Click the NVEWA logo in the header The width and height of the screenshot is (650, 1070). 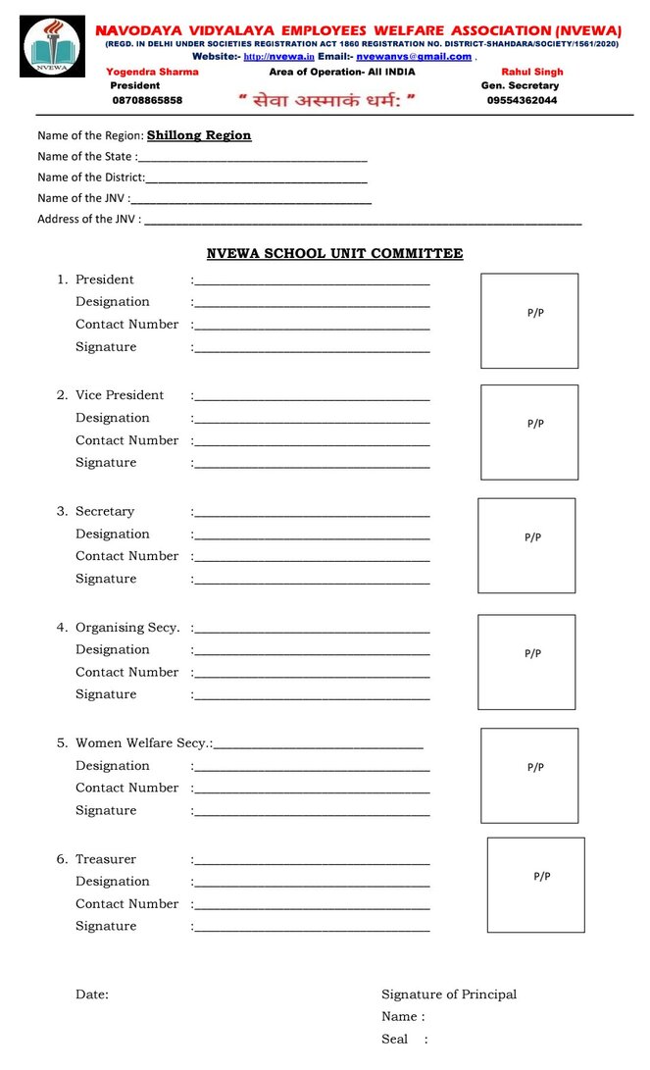click(x=52, y=46)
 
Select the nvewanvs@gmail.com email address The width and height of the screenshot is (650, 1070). click(x=414, y=57)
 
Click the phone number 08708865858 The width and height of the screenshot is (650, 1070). click(x=147, y=100)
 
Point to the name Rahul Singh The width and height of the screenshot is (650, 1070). click(x=531, y=72)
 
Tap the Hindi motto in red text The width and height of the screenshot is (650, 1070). click(x=327, y=100)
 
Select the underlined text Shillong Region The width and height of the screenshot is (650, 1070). click(x=199, y=135)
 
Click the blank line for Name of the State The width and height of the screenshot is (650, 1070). click(x=253, y=158)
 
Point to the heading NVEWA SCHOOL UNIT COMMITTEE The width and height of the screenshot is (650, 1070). click(x=334, y=254)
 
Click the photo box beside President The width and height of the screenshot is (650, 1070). click(x=529, y=321)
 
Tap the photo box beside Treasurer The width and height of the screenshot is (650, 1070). click(x=535, y=885)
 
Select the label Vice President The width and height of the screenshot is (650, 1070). click(x=120, y=395)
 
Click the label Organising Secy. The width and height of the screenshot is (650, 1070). click(x=127, y=628)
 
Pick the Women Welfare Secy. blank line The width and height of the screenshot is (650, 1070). click(x=319, y=746)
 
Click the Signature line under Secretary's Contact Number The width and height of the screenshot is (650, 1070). click(x=312, y=582)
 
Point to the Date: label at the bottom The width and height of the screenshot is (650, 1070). click(x=92, y=994)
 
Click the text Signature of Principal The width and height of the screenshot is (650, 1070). click(x=449, y=994)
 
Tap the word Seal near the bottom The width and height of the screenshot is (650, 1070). click(x=394, y=1040)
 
